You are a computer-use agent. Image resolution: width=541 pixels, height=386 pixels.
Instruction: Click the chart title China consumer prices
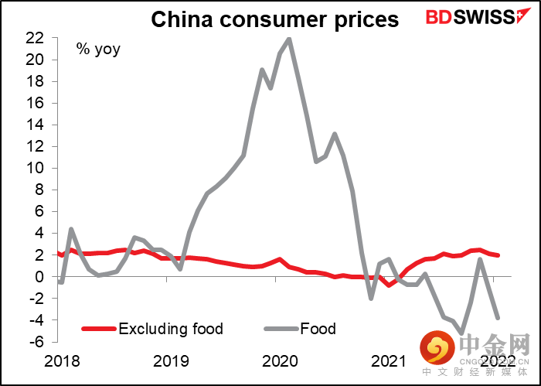click(x=274, y=19)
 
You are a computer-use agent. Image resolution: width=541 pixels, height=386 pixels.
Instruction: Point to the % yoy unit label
click(x=98, y=51)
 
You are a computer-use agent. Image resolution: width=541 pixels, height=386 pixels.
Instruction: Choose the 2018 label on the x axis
click(x=61, y=360)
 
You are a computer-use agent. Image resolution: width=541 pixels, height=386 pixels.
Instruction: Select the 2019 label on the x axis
click(x=170, y=360)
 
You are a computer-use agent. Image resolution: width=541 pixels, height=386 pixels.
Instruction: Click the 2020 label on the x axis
click(x=279, y=360)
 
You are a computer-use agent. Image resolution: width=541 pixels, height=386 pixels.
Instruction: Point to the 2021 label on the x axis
click(x=388, y=360)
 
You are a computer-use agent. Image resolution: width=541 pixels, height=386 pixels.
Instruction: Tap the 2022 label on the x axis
click(x=497, y=360)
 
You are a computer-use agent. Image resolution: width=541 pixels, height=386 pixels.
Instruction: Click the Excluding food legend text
click(x=171, y=329)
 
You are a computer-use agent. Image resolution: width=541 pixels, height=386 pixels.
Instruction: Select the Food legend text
click(x=318, y=329)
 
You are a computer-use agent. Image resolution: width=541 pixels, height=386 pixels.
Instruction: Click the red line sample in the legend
click(x=98, y=330)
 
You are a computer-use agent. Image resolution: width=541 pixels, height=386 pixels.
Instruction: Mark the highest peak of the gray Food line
click(x=288, y=39)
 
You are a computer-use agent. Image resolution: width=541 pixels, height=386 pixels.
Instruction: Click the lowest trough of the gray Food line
click(x=461, y=333)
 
